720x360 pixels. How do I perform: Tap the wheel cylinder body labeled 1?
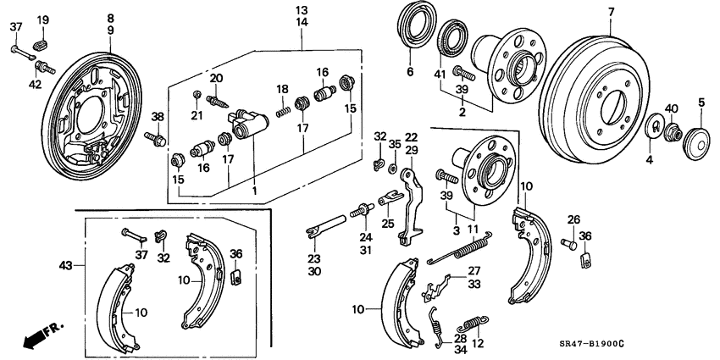(x=249, y=125)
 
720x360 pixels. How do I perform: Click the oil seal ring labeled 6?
(x=415, y=35)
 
